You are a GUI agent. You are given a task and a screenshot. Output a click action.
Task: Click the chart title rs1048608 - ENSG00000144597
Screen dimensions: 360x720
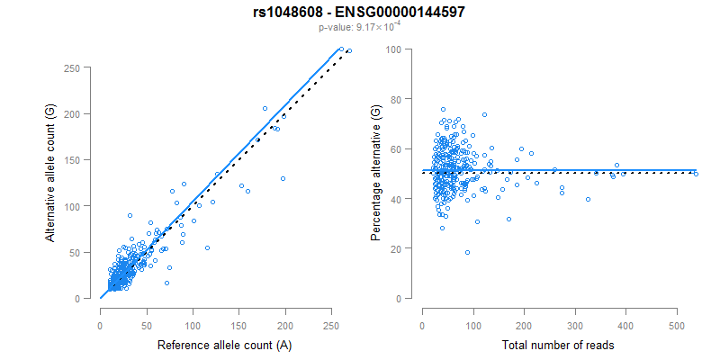point(359,12)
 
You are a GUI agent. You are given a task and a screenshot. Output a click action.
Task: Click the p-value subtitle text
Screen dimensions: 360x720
point(359,27)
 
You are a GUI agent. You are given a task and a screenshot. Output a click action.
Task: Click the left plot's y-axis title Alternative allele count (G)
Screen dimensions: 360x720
point(51,172)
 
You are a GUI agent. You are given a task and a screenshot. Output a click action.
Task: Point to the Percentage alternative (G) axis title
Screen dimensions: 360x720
point(376,172)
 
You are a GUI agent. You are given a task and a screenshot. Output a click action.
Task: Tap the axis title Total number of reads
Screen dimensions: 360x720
point(559,345)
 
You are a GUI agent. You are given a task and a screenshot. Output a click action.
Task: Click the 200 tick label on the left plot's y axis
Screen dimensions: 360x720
point(81,113)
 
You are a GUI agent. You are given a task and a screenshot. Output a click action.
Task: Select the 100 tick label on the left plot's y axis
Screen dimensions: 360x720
point(81,206)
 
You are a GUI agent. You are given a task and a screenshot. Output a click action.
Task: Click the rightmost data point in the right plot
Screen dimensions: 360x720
point(696,174)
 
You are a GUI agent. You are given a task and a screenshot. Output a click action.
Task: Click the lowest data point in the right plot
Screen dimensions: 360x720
point(467,253)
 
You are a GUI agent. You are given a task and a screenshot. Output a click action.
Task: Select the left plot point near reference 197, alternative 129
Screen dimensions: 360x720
point(283,178)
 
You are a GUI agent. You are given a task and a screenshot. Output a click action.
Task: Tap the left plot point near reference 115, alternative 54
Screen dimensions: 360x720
point(207,247)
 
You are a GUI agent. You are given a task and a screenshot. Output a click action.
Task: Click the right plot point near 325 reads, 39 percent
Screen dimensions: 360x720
point(588,200)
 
